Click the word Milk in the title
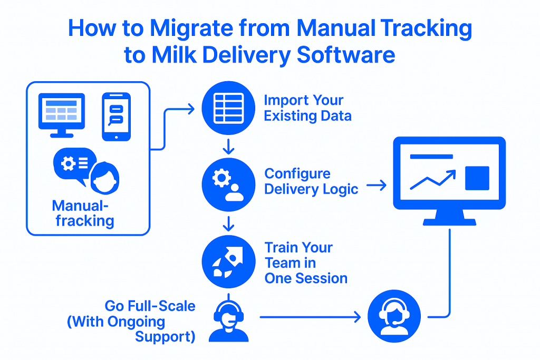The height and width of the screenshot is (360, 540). pos(174,55)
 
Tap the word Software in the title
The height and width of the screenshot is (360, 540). pos(346,55)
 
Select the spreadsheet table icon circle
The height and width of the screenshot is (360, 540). pos(228,108)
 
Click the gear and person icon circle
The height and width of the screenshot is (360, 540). pos(228,184)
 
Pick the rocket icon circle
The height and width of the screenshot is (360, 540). pos(228,261)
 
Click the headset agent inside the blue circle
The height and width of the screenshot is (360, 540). pos(394,316)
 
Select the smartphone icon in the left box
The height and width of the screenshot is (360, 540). pos(117,116)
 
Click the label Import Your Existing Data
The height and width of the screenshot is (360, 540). pos(307,108)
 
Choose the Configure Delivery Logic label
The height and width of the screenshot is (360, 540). pos(311,181)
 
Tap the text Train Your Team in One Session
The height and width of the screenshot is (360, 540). pos(306,262)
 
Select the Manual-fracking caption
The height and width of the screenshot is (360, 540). pos(83,213)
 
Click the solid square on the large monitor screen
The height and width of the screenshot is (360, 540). pos(477,178)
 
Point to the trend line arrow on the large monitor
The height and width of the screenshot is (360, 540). pos(433,180)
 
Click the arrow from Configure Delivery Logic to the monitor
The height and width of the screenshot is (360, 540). pos(377,185)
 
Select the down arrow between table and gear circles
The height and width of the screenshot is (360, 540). pos(228,147)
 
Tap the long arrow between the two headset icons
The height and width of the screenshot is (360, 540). pos(310,317)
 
